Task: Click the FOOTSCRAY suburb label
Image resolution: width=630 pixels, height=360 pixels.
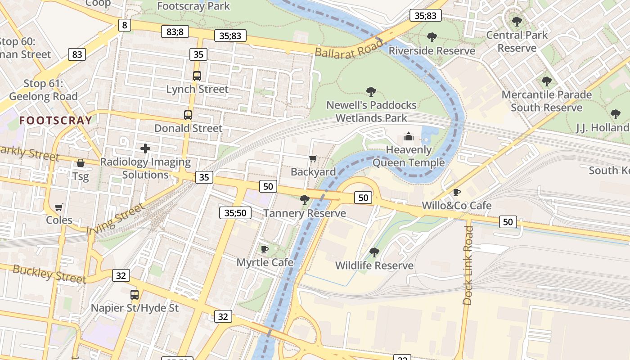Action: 56,120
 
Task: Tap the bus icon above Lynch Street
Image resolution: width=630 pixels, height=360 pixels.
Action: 197,76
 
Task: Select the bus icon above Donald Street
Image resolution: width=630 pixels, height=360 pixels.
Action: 188,115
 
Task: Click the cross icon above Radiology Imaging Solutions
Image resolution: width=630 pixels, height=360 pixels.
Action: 145,148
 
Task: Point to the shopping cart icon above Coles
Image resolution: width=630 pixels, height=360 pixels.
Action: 59,207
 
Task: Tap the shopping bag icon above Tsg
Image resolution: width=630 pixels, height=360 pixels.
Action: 81,163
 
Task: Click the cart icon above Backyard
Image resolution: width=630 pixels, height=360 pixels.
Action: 313,158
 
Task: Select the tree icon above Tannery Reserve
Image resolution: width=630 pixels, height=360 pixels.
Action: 304,200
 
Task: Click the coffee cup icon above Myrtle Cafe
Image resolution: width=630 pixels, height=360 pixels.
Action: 265,249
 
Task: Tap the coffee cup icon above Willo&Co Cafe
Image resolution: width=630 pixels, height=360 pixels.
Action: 457,192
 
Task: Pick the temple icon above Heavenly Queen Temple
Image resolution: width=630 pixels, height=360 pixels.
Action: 408,136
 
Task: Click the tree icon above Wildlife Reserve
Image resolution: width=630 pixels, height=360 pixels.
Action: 374,252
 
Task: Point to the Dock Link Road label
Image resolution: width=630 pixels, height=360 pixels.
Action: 468,265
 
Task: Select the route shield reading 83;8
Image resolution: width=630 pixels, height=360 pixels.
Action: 175,31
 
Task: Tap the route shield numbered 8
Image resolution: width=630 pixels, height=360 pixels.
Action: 125,25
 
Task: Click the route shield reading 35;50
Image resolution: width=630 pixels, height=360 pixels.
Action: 235,213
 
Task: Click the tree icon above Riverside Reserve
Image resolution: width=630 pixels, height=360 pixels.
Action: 432,37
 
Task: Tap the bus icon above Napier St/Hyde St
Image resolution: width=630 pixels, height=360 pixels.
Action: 135,295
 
